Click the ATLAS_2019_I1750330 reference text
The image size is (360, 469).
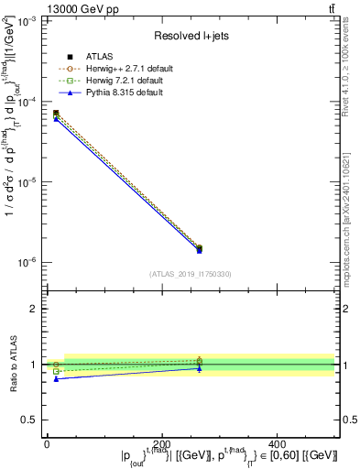tap(190, 273)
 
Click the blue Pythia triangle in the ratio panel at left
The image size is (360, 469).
tap(56, 378)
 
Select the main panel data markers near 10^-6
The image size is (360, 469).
tap(199, 248)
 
